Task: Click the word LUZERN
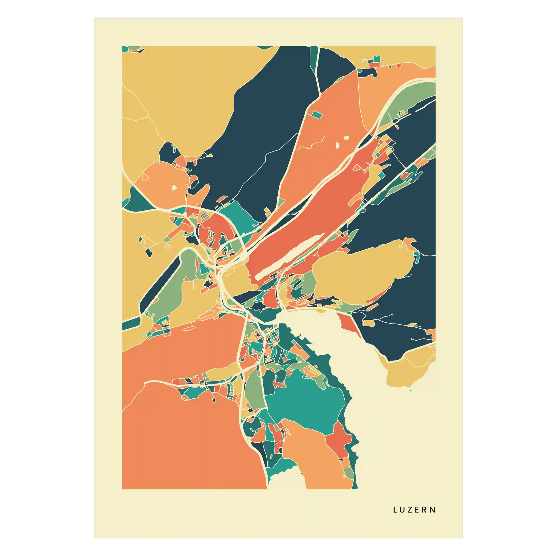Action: click(414, 510)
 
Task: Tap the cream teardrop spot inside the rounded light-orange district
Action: click(174, 188)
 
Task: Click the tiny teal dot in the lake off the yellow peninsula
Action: click(410, 390)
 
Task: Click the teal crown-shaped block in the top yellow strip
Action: click(377, 59)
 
